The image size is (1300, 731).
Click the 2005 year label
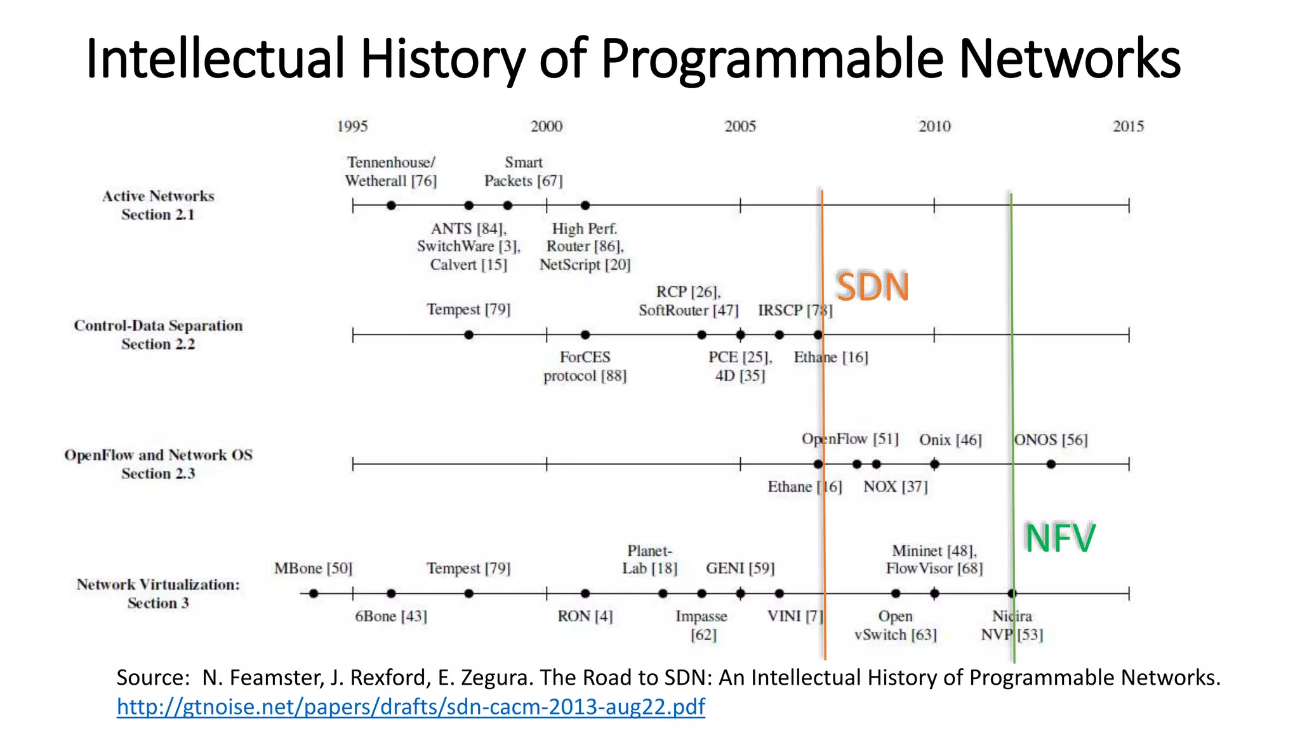coord(740,126)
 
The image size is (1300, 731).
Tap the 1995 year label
coord(352,126)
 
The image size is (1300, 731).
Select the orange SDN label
coord(873,287)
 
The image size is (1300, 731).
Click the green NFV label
coord(1059,538)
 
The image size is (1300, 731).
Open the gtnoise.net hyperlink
coord(411,706)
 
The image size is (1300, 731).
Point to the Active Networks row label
coord(158,205)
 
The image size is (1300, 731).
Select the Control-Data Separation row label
coord(158,334)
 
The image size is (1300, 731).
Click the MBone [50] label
coord(313,568)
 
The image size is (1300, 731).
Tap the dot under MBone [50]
coord(314,593)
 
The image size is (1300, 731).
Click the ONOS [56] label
coord(1051,440)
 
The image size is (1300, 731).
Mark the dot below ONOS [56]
coord(1051,464)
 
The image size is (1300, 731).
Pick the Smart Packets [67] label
coord(524,171)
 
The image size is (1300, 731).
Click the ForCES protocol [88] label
coord(585,366)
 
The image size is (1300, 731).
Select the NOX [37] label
coord(895,487)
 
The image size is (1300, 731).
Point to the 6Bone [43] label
coord(391,616)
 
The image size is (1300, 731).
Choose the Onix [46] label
coord(950,440)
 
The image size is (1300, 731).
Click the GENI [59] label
coord(740,568)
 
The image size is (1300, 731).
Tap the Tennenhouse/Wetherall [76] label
coord(391,171)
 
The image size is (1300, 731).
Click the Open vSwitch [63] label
coord(895,625)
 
